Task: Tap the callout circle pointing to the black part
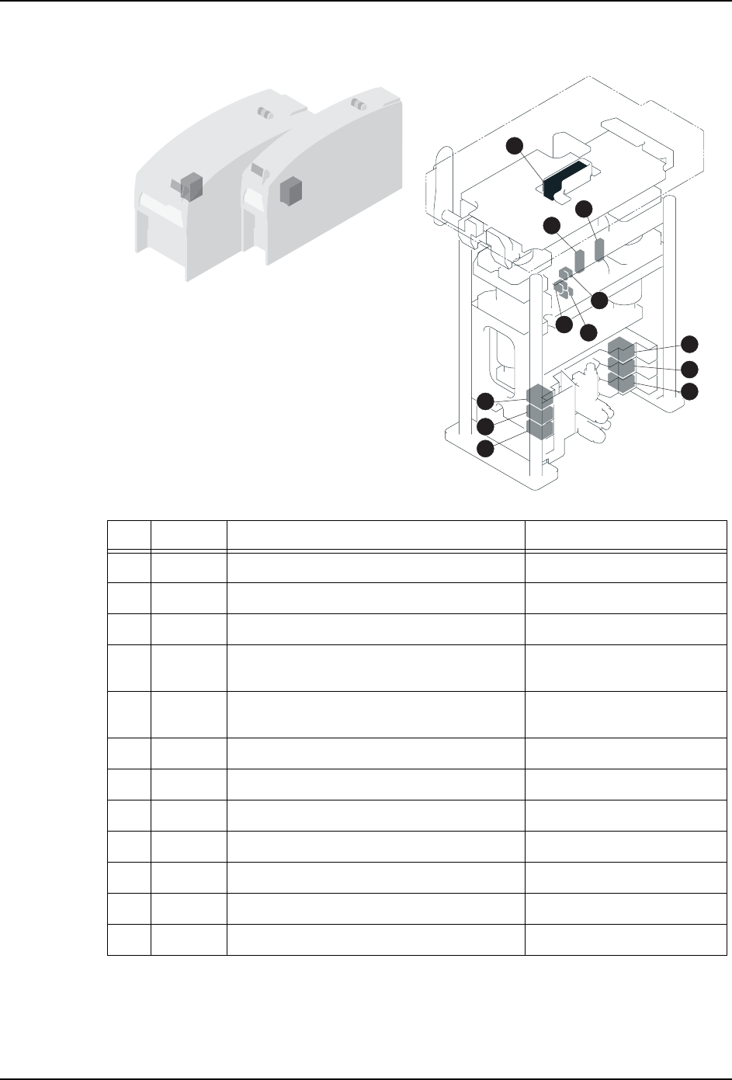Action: (514, 144)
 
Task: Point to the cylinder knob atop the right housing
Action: (358, 103)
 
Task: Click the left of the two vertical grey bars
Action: (579, 261)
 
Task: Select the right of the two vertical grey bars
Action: (599, 251)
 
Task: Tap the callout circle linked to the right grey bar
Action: (585, 208)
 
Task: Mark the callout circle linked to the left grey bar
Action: (552, 225)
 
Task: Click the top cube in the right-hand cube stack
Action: (622, 347)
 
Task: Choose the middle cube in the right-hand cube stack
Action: (622, 365)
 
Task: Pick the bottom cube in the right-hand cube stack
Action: (622, 381)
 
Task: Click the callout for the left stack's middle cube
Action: (485, 426)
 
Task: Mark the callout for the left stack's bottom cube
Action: (485, 449)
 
